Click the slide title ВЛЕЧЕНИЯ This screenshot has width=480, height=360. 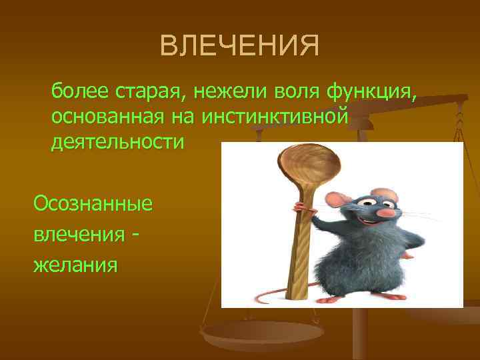tap(240, 47)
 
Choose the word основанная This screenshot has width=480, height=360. tap(96, 116)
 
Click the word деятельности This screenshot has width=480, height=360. tap(116, 141)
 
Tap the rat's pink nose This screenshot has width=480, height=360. tap(387, 213)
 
